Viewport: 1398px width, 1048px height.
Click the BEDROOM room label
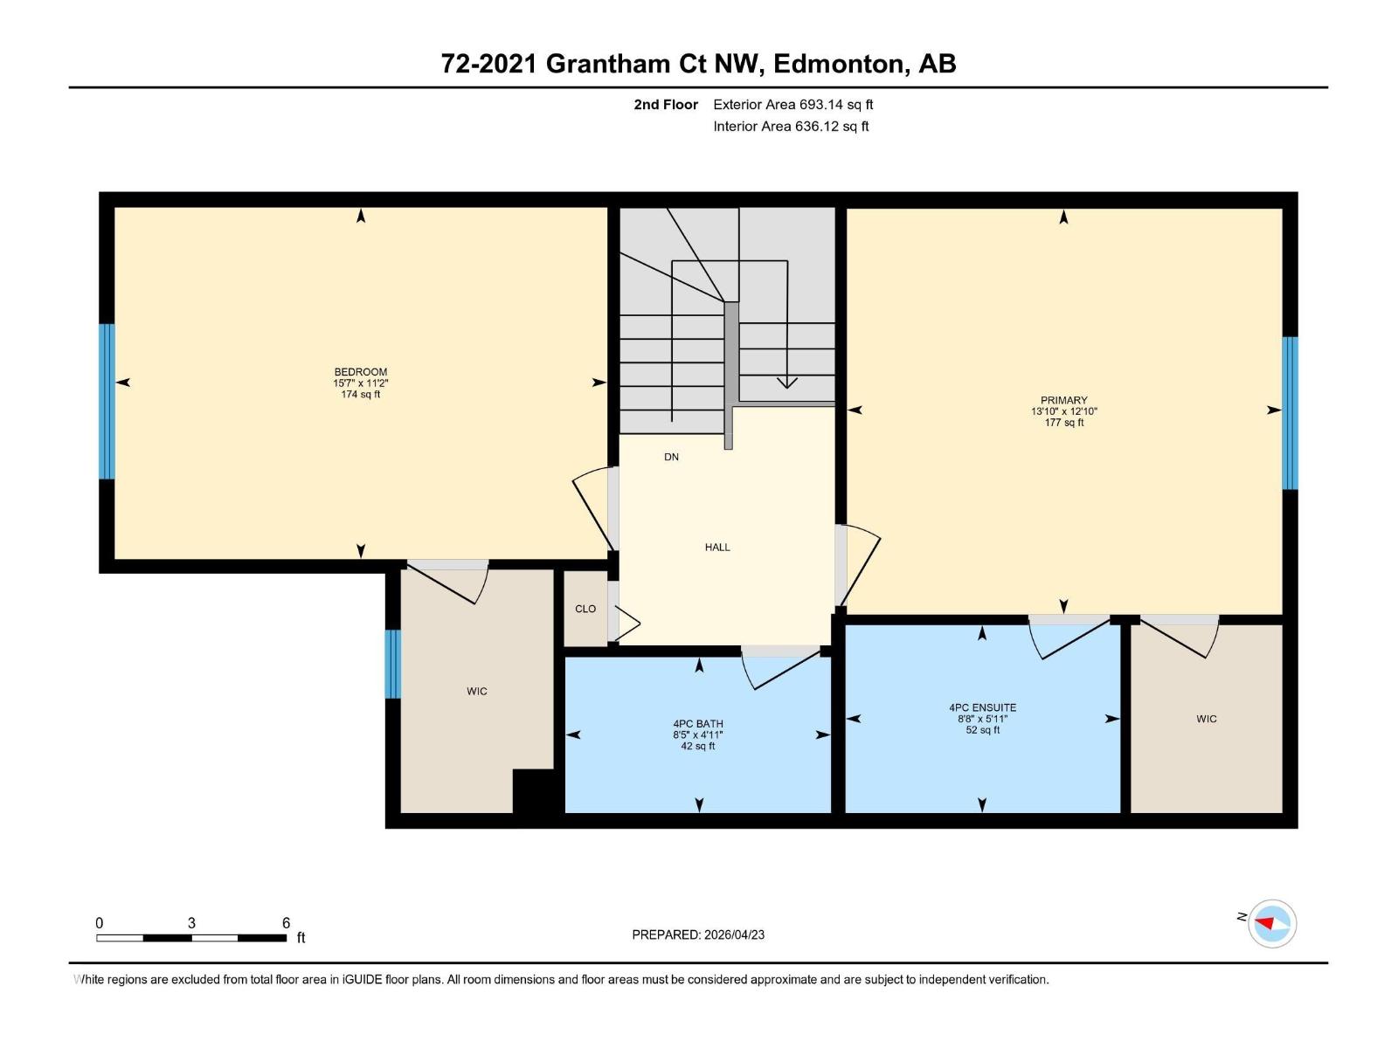(360, 372)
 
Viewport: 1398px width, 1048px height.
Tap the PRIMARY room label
(1063, 400)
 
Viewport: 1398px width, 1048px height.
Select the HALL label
(717, 548)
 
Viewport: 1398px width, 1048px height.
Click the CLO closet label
(585, 609)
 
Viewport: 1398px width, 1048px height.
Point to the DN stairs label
(671, 457)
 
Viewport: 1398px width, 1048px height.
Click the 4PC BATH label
(698, 724)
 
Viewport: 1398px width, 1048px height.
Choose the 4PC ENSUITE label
(982, 707)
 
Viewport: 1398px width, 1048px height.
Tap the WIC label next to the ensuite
(1206, 719)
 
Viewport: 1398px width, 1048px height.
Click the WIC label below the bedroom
(476, 692)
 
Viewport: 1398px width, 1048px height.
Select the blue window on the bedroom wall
(107, 402)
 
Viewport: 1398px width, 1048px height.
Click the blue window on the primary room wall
(1290, 413)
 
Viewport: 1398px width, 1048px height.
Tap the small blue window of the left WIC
(393, 664)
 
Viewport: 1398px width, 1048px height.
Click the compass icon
(1271, 923)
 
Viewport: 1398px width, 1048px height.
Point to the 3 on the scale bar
(191, 923)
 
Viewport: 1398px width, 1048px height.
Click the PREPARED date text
(698, 934)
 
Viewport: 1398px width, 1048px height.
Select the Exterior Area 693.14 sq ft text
(792, 105)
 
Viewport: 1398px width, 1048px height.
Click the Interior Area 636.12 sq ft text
(791, 127)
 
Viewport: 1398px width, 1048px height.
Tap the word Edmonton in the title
(837, 64)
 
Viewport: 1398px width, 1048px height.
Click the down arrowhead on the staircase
(787, 382)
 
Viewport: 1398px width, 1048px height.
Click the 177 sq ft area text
(1063, 423)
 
